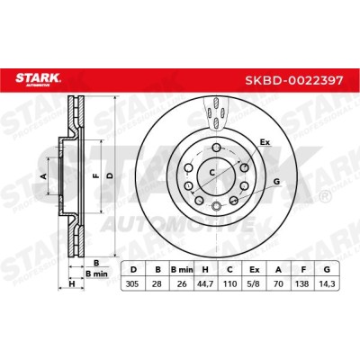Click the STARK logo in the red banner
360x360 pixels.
point(38,79)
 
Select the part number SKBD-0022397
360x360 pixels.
point(294,80)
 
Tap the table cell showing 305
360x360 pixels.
point(132,283)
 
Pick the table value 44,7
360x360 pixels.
point(205,283)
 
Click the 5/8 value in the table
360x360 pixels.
point(254,283)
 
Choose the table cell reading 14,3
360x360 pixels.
point(327,283)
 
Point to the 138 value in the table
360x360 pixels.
point(302,283)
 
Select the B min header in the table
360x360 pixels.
point(182,269)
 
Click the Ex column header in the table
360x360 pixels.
point(254,269)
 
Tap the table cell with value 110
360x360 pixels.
point(229,283)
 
